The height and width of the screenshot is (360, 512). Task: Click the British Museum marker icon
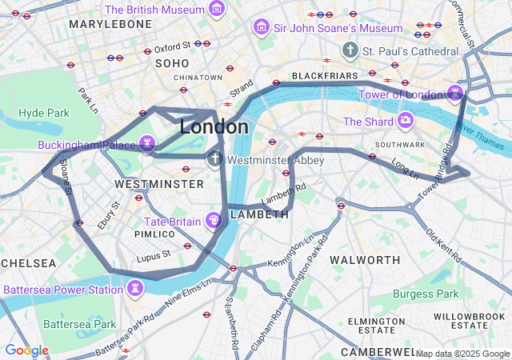216,10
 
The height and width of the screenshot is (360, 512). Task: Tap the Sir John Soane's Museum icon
261,28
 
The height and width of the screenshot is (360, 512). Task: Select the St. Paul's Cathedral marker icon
350,51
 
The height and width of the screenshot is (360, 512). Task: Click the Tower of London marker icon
455,94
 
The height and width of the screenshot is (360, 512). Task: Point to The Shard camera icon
406,121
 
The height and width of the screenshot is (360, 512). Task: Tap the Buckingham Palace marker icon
146,144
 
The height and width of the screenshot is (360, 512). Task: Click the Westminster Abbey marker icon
215,159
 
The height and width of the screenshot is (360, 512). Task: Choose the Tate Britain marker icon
214,220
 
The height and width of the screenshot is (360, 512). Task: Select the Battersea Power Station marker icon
135,288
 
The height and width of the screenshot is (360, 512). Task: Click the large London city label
214,127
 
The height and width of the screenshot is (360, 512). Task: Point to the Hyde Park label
44,113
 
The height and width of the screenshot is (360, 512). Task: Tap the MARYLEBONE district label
110,25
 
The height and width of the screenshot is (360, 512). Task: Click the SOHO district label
171,62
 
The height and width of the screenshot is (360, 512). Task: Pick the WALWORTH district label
365,260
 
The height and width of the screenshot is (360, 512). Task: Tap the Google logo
26,350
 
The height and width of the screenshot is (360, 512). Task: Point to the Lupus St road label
154,255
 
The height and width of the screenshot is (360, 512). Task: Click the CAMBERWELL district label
379,352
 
